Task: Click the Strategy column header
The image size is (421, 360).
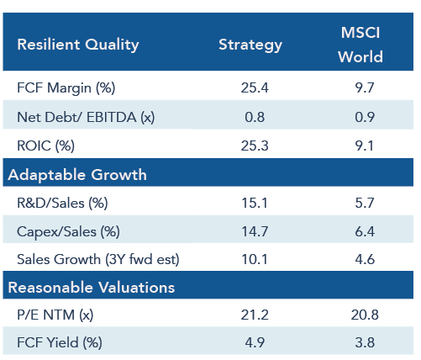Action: pos(250,45)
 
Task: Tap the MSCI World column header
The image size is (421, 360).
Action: pos(360,45)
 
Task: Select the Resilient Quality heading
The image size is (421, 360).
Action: pos(78,45)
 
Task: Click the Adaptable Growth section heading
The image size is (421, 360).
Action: pos(77,175)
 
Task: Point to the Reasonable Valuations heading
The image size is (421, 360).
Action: pos(92,288)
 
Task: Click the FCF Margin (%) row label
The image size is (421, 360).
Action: pos(66,88)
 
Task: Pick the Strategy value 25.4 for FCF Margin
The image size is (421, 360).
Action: pos(255,87)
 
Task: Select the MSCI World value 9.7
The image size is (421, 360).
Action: pos(365,87)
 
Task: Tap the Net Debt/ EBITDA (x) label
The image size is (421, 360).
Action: pos(86,117)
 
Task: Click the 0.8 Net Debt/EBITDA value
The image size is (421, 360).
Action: pos(255,117)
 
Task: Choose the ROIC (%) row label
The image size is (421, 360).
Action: pos(45,146)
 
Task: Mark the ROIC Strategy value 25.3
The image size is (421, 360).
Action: pos(255,146)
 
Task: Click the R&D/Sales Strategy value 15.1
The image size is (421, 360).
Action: pos(255,203)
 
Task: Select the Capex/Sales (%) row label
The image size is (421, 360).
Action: pos(68,232)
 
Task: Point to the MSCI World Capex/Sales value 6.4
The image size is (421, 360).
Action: pos(365,231)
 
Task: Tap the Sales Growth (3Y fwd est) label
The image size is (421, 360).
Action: pos(98,259)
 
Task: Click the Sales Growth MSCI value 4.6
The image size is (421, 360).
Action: pos(365,259)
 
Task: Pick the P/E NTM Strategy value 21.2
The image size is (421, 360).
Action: pos(255,315)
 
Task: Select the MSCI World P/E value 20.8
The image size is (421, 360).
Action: pos(365,315)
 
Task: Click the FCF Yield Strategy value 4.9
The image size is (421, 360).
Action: pos(255,342)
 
